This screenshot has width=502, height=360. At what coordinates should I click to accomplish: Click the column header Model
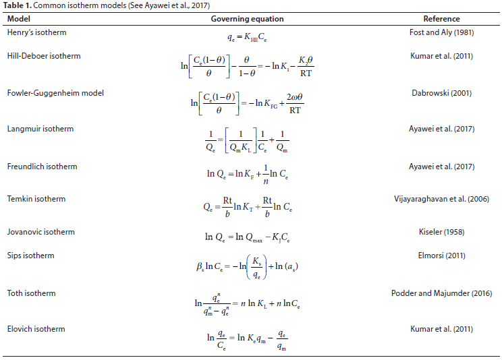tap(18, 19)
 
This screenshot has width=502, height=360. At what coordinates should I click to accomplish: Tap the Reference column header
tap(441, 19)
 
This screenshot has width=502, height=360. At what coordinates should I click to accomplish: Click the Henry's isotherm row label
tap(36, 32)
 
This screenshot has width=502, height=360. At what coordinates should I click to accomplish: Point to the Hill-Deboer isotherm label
tap(43, 56)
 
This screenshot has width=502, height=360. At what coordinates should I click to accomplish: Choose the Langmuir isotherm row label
tap(40, 128)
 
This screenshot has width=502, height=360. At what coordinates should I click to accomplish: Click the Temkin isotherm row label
tap(36, 199)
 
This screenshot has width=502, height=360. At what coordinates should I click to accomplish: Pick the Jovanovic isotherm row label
tap(40, 232)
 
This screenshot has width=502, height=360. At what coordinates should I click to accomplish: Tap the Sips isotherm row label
tap(30, 256)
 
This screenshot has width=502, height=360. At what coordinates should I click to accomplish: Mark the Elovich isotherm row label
tap(36, 328)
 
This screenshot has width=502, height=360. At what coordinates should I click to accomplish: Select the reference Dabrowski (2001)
tap(441, 93)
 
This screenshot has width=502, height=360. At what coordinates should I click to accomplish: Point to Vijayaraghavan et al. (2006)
tap(441, 199)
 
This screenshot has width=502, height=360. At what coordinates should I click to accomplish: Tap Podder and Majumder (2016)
tap(441, 293)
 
